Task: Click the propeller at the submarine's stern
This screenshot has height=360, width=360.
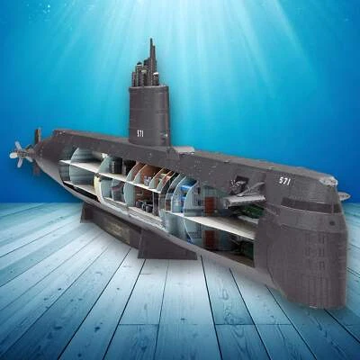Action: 20,154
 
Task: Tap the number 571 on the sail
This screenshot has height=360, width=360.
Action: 140,134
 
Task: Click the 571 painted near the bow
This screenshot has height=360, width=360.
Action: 285,181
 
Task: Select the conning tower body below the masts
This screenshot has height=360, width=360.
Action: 149,117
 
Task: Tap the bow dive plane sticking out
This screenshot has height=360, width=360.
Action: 342,195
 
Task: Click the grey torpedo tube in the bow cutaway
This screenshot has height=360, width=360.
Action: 240,200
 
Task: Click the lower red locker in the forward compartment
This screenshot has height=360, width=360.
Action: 210,239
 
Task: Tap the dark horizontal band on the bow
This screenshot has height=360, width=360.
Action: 315,206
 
